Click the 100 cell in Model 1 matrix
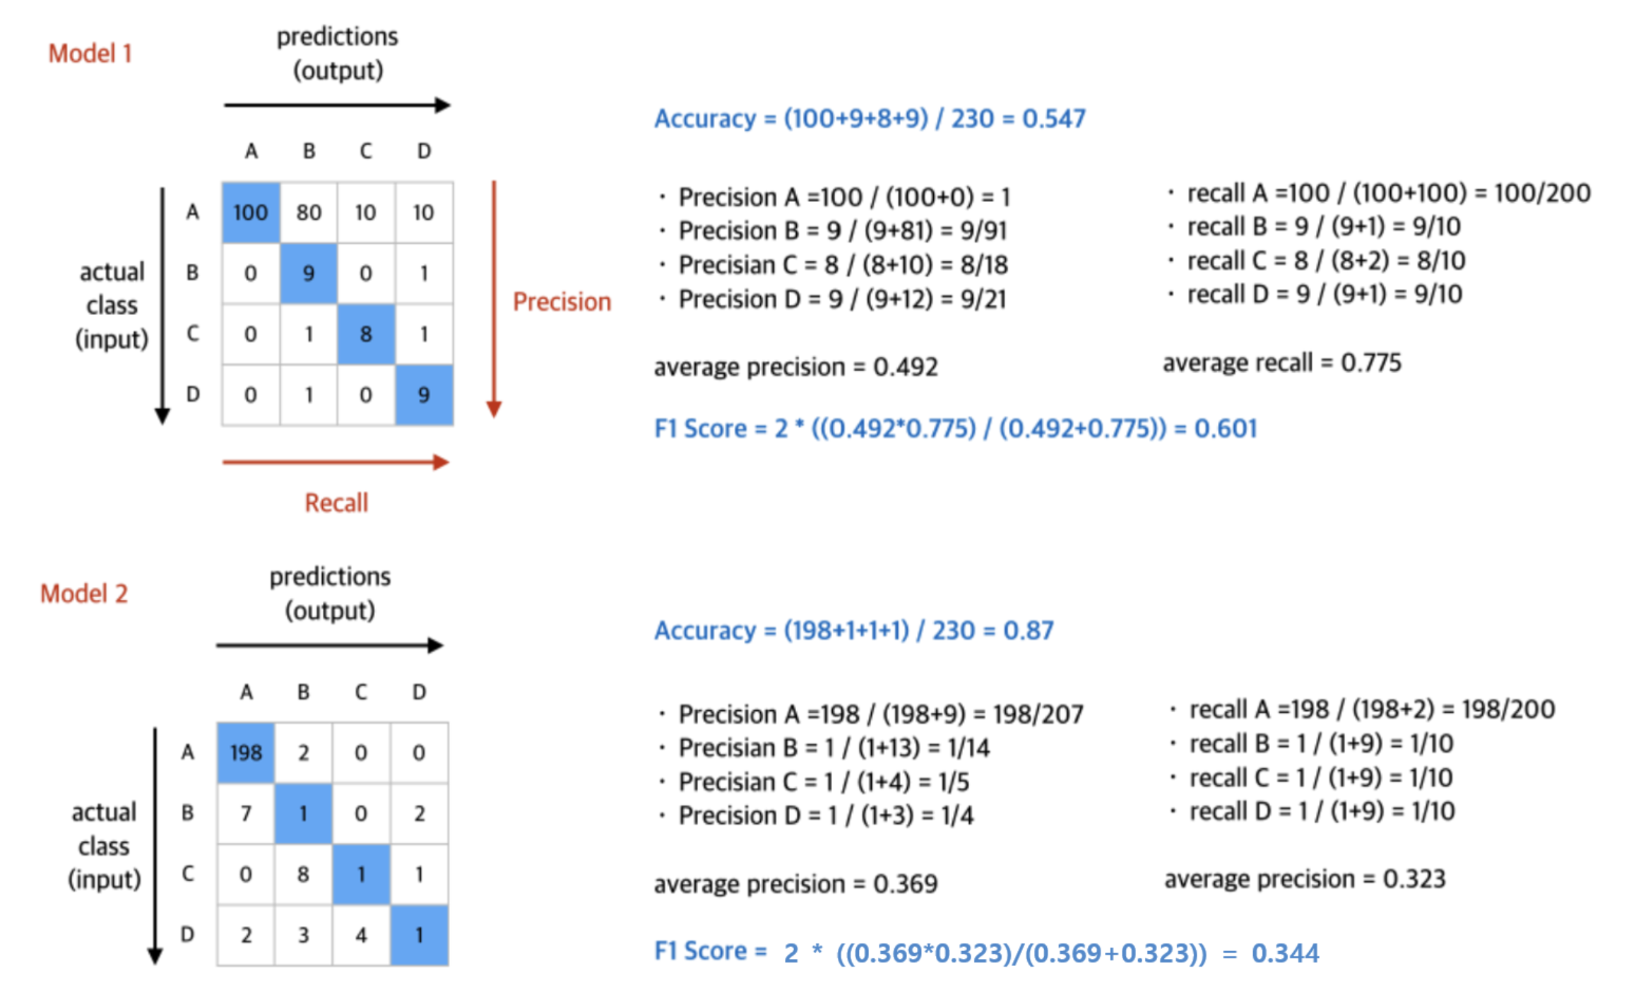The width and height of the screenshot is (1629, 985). [251, 212]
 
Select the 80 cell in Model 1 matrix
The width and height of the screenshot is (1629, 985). [309, 212]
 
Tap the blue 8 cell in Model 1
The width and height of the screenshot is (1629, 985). [366, 334]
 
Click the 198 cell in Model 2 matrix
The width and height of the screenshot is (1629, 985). [245, 753]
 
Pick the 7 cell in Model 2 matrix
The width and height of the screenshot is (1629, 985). [245, 813]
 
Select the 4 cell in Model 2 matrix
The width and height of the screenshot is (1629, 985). [361, 935]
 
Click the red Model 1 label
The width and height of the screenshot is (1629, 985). [90, 54]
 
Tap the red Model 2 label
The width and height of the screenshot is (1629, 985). [84, 594]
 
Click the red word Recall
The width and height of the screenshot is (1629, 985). [336, 502]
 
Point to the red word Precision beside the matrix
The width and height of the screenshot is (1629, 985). [562, 302]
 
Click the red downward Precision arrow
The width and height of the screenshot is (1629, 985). [494, 297]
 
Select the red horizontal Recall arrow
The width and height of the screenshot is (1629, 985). [336, 463]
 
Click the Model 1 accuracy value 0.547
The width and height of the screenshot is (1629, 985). [1053, 119]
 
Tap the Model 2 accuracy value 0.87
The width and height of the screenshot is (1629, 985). [1028, 630]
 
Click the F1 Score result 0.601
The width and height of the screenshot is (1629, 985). [1226, 428]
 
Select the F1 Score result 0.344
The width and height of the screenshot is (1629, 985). [1285, 953]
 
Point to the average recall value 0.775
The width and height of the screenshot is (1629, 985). [1370, 362]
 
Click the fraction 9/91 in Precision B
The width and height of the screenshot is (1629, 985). [983, 230]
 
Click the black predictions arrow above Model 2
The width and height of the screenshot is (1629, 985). [329, 645]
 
